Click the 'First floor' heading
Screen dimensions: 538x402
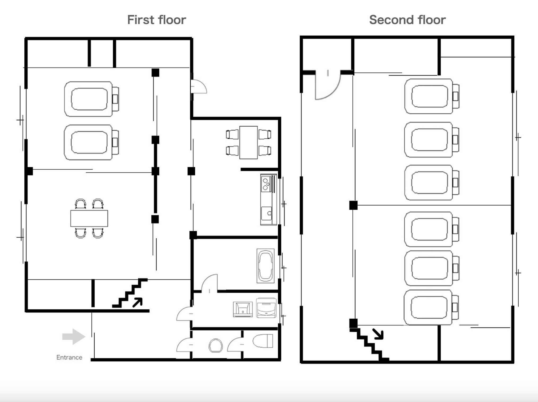click(x=156, y=20)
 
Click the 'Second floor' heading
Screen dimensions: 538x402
click(x=407, y=20)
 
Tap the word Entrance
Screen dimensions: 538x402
click(x=69, y=357)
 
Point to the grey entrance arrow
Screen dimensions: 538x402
click(x=74, y=337)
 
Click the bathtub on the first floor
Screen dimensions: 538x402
click(x=265, y=266)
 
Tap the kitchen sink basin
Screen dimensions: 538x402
click(x=267, y=213)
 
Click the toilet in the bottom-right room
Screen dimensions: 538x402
click(x=263, y=341)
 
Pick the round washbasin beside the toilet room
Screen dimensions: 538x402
click(x=216, y=345)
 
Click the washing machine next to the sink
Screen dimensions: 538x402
click(x=266, y=308)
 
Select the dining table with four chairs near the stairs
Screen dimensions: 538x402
click(x=89, y=218)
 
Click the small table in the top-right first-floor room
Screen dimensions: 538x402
click(x=248, y=143)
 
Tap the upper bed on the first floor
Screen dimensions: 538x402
click(x=91, y=99)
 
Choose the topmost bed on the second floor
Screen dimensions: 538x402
click(x=432, y=96)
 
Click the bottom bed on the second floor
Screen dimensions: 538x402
click(x=431, y=307)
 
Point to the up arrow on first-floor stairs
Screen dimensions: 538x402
click(x=138, y=302)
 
